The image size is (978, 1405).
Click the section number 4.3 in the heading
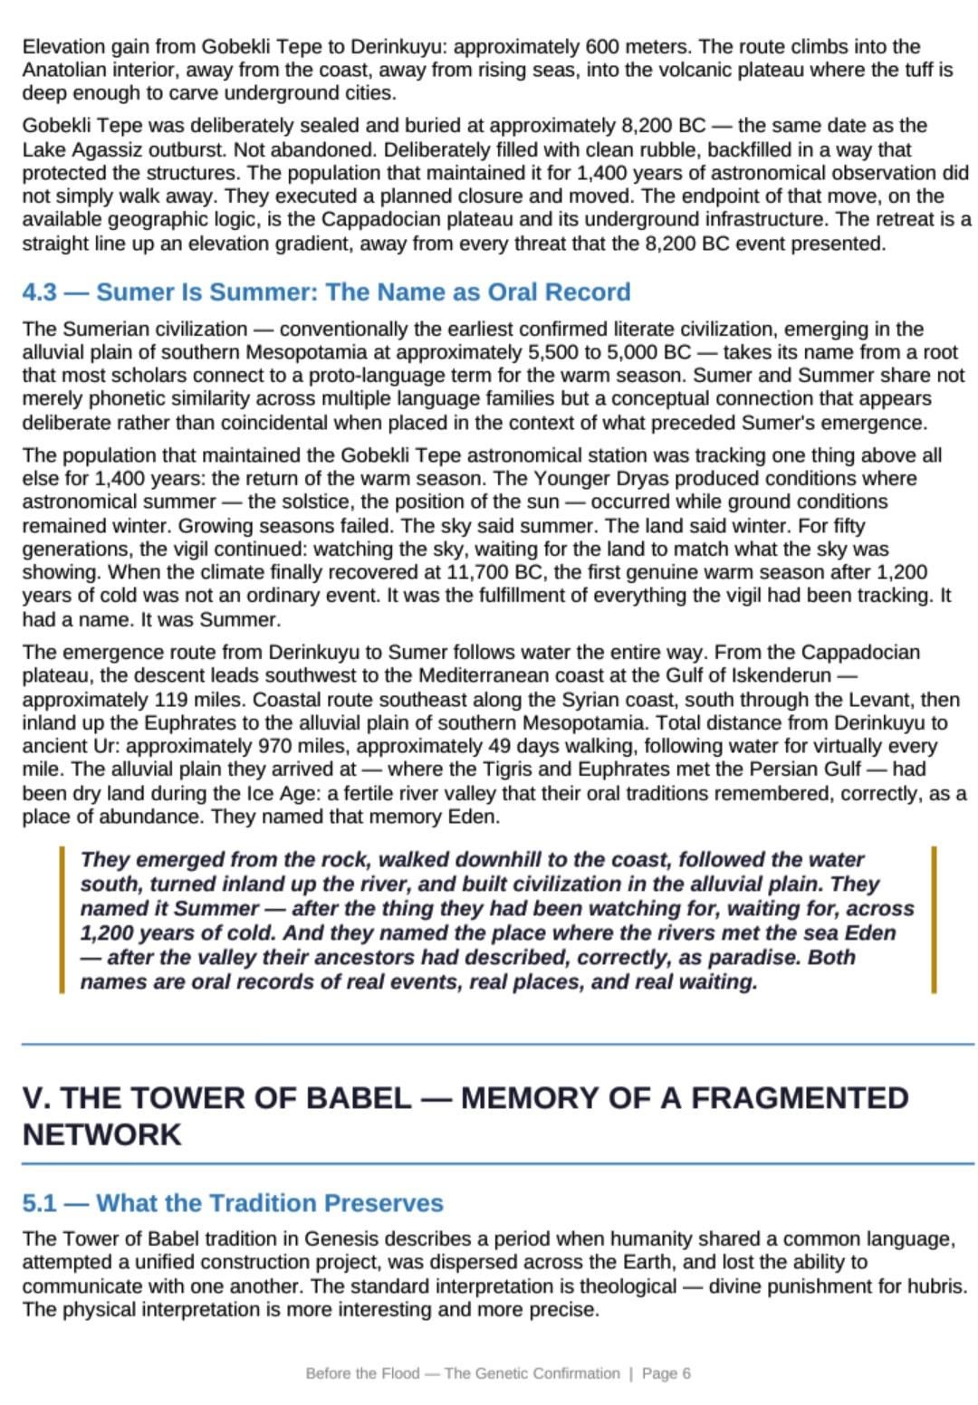click(39, 292)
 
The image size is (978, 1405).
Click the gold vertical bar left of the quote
click(62, 920)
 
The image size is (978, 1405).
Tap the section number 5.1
click(39, 1203)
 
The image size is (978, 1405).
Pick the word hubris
click(936, 1286)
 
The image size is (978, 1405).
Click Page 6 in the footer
click(666, 1373)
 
